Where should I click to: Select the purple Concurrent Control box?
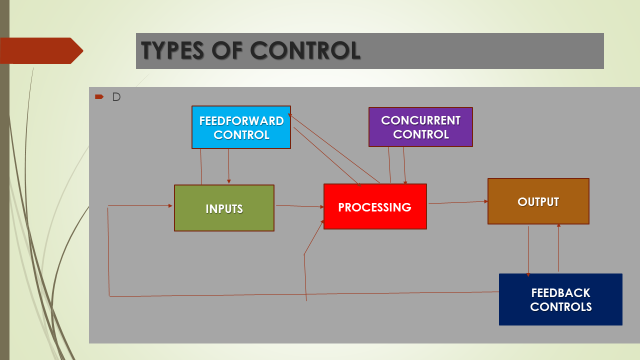pos(420,127)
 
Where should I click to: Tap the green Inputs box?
pos(224,208)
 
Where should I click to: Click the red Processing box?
pos(375,207)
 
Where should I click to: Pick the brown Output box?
pos(538,201)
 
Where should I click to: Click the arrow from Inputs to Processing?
pos(298,207)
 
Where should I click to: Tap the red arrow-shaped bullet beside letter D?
pos(99,97)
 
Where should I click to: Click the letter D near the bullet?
pos(116,97)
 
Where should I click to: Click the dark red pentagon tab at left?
pos(40,50)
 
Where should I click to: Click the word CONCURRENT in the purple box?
pos(420,120)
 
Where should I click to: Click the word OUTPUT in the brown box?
pos(538,201)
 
